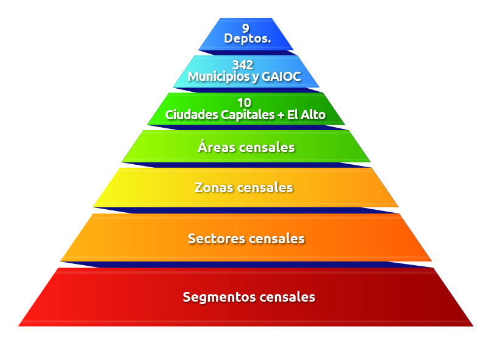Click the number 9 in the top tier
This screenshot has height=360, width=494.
pyautogui.click(x=246, y=29)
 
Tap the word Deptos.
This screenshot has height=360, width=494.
pyautogui.click(x=248, y=39)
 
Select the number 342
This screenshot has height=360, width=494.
pyautogui.click(x=243, y=65)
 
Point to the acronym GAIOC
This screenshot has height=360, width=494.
pyautogui.click(x=281, y=77)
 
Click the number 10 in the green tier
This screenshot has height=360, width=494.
pyautogui.click(x=244, y=103)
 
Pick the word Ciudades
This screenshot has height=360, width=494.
pyautogui.click(x=192, y=115)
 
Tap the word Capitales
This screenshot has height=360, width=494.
pyautogui.click(x=248, y=115)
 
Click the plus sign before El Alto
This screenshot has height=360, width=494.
pyautogui.click(x=280, y=116)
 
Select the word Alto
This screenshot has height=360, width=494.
pyautogui.click(x=313, y=115)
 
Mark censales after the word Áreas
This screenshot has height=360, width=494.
pyautogui.click(x=266, y=147)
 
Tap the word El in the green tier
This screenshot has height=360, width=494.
pyautogui.click(x=293, y=115)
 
